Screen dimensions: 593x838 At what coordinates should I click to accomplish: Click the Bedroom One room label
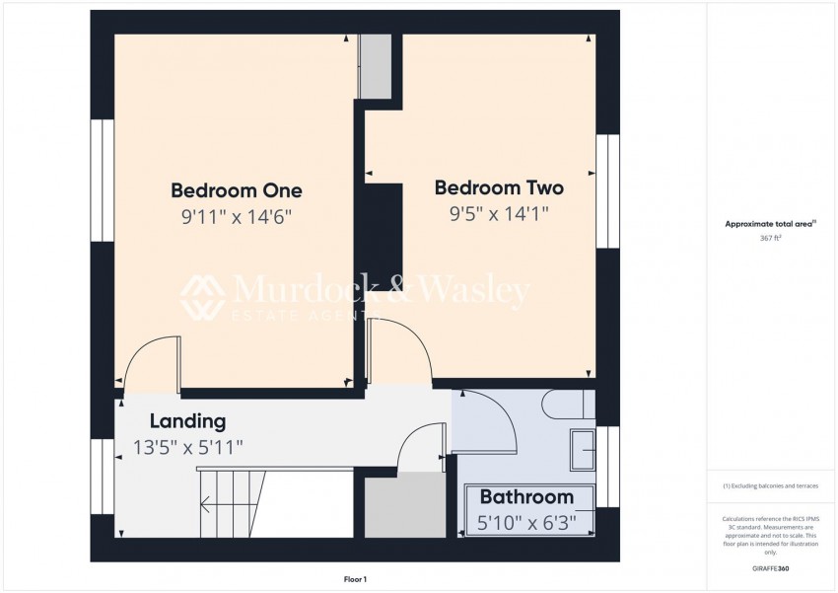click(237, 190)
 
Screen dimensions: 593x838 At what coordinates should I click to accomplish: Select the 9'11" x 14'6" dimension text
click(237, 215)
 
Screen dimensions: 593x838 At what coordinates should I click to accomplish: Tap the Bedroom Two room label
click(498, 187)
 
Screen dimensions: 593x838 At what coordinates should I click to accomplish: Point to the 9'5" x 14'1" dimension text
click(498, 212)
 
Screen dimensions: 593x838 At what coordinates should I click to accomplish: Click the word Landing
click(187, 421)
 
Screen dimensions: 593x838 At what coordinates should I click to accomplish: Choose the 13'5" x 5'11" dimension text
click(187, 447)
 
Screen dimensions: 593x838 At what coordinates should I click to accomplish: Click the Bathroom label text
click(526, 497)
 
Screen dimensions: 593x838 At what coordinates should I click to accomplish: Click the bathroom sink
click(583, 450)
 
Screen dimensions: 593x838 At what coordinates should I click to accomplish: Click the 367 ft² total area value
click(770, 238)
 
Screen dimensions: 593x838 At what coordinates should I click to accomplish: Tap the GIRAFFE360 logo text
click(770, 568)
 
